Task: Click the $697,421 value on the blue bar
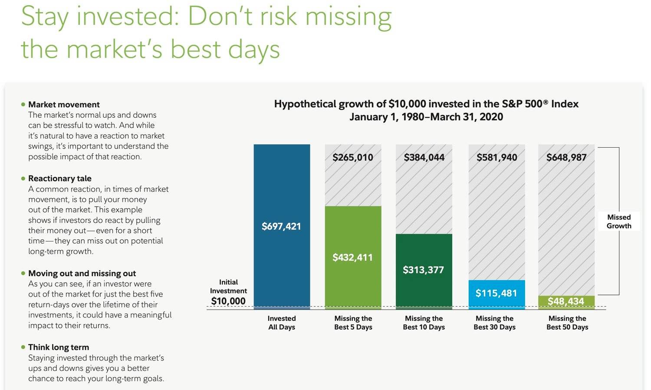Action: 281,226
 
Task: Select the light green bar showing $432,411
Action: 353,258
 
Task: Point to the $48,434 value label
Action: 566,301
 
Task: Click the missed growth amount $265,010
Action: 353,157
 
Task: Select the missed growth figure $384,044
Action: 424,157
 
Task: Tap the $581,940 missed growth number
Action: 496,157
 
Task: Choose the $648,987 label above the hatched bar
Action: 566,157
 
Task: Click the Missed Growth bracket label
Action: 619,221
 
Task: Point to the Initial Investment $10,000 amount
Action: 228,301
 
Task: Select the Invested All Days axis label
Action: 282,323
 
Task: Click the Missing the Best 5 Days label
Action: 353,323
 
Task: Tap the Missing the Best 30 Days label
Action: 495,323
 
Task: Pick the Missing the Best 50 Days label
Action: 567,323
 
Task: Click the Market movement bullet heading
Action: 64,104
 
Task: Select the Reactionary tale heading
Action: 60,178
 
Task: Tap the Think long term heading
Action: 59,347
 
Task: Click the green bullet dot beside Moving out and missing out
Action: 23,273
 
